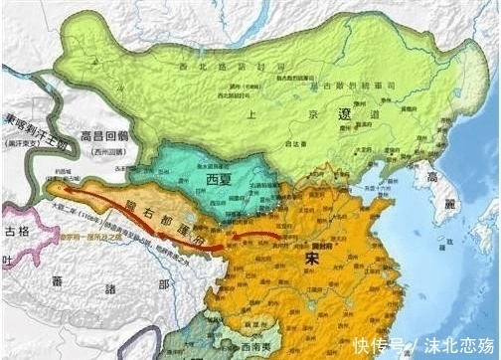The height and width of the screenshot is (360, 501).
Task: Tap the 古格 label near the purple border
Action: pos(16,231)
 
